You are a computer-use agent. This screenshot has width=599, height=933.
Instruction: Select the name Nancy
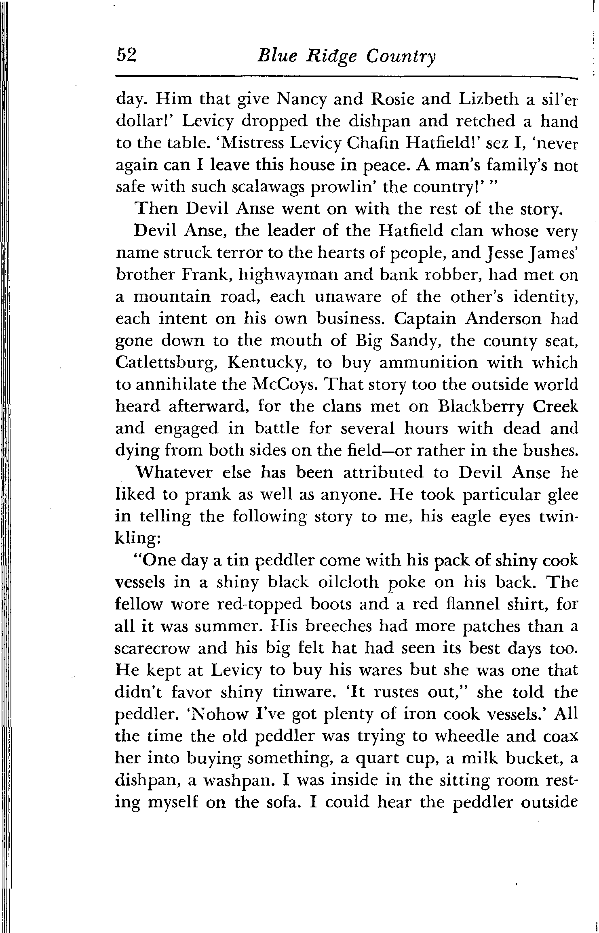300,100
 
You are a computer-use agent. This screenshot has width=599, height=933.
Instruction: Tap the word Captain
425,319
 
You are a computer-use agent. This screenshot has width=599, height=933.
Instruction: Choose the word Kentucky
267,363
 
